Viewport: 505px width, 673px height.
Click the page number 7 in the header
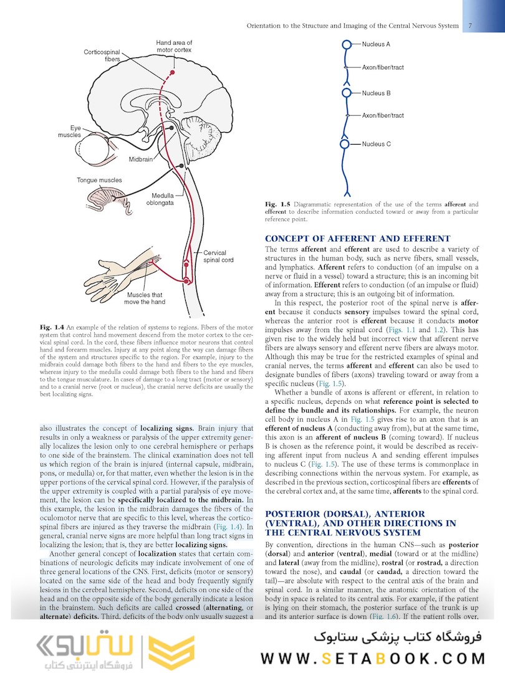point(469,26)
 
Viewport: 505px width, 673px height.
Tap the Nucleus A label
point(376,44)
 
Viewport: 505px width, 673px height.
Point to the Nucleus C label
point(376,144)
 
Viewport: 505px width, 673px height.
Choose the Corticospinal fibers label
point(102,55)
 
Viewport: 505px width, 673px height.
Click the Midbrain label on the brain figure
point(140,160)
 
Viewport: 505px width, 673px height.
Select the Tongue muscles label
point(99,180)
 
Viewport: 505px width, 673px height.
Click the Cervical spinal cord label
point(218,256)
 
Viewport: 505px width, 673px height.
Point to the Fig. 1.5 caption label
point(278,204)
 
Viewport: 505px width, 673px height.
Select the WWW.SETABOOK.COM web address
point(372,658)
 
